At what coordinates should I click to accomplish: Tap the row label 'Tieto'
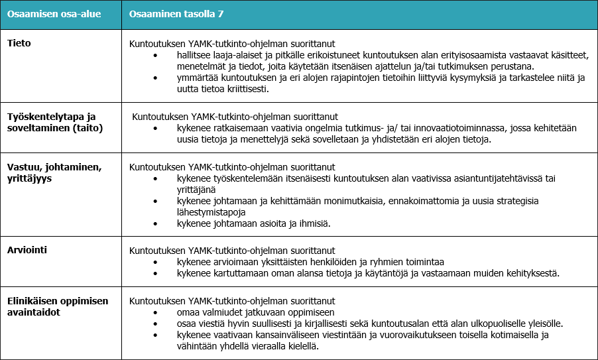click(19, 43)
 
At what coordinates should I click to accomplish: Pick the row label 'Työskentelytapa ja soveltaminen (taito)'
click(55, 122)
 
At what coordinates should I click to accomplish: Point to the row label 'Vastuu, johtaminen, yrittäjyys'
click(54, 172)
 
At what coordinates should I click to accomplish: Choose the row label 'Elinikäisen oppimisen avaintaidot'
click(58, 306)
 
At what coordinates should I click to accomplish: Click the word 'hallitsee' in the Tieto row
click(196, 56)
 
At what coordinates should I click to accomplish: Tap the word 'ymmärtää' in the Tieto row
click(197, 78)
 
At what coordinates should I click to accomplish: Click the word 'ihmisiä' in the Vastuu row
click(314, 223)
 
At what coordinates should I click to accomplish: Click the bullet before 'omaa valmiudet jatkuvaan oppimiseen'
click(155, 312)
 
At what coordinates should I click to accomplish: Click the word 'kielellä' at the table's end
click(301, 345)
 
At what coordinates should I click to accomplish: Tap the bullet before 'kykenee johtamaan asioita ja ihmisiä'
click(155, 223)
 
